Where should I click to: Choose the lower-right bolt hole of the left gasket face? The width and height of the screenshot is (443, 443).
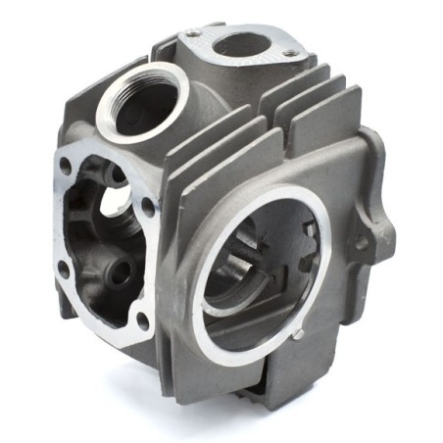coord(143,320)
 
